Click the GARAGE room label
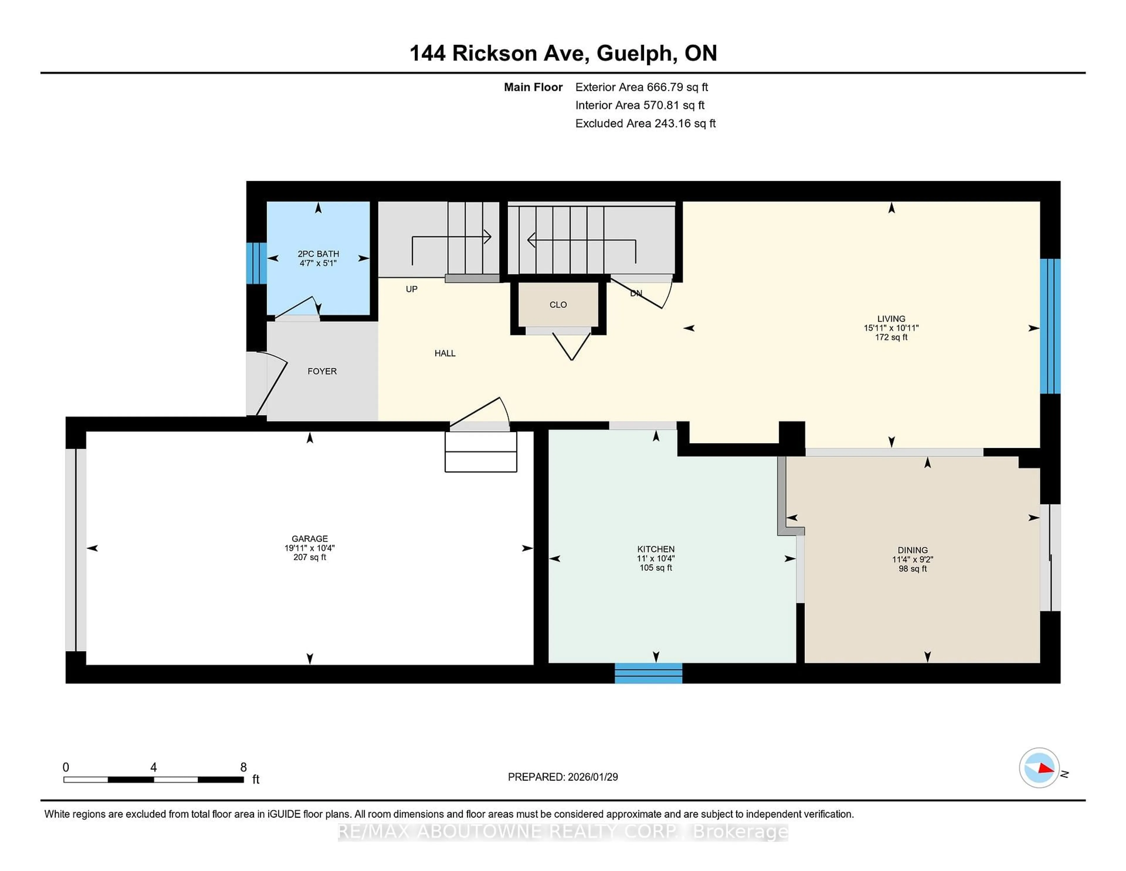(x=309, y=538)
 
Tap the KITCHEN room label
(x=655, y=549)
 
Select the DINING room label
(x=912, y=550)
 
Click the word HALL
(x=445, y=353)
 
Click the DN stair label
(x=636, y=293)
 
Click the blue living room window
(x=1050, y=326)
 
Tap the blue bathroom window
(x=256, y=263)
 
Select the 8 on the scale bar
(x=243, y=767)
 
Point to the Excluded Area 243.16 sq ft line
(x=645, y=123)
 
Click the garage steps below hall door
(x=481, y=452)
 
